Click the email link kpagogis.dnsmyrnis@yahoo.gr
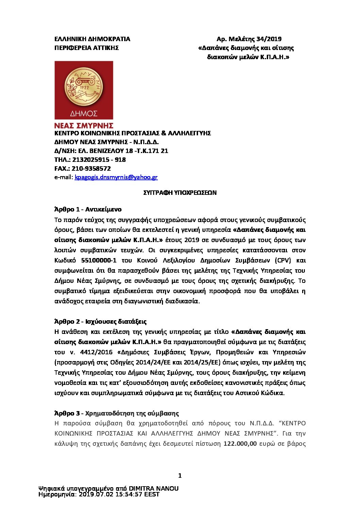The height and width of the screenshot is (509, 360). [116, 177]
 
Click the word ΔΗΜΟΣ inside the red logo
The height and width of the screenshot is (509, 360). [84, 113]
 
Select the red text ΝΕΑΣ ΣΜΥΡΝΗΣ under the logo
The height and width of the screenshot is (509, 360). [84, 126]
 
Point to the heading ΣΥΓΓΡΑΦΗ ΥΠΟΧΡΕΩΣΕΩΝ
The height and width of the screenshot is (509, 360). [180, 193]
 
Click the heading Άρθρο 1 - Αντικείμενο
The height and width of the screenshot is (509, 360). [88, 209]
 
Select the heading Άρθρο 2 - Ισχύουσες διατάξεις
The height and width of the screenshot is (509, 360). [100, 321]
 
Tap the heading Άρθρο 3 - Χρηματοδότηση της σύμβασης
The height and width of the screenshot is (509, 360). [116, 413]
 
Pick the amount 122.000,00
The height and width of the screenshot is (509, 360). [240, 444]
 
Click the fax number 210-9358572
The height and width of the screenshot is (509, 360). [92, 168]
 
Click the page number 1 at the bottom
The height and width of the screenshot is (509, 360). [180, 476]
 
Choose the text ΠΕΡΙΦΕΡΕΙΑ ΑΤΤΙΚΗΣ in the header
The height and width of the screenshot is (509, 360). [86, 48]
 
